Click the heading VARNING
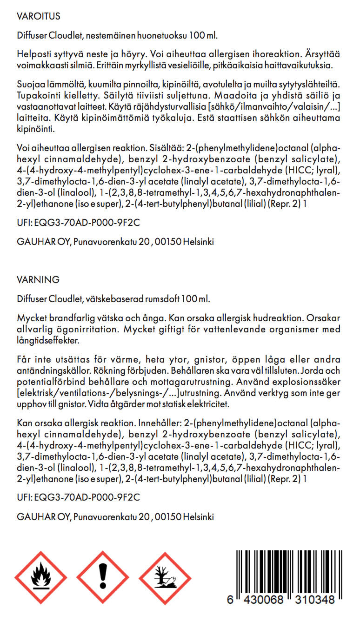tap(38, 280)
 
